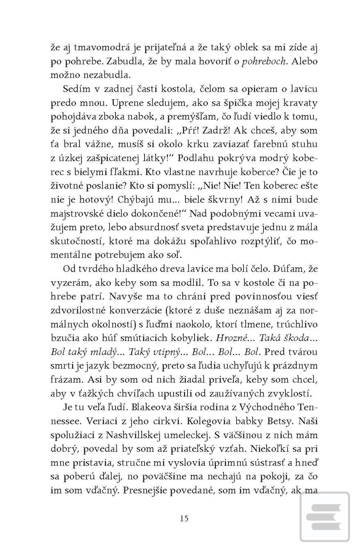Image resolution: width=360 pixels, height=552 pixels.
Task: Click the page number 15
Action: pyautogui.click(x=184, y=518)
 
